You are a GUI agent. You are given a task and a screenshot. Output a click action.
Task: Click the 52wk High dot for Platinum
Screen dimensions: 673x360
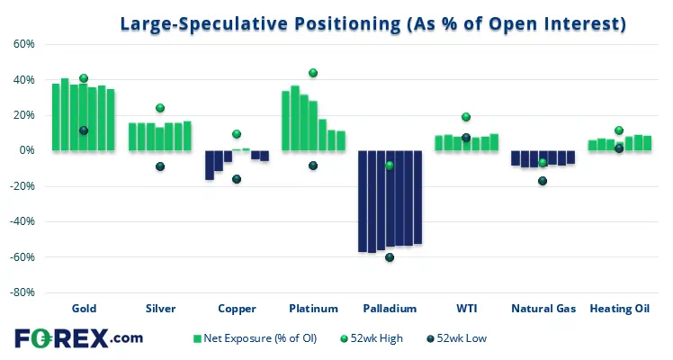click(x=313, y=73)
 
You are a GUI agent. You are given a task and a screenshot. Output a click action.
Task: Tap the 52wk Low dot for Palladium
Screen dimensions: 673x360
click(x=390, y=257)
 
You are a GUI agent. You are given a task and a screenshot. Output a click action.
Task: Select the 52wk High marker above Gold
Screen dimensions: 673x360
click(x=84, y=78)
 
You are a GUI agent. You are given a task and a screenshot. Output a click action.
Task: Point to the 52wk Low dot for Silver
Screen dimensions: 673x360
click(x=160, y=166)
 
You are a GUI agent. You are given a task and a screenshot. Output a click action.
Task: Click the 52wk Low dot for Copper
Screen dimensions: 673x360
click(x=237, y=179)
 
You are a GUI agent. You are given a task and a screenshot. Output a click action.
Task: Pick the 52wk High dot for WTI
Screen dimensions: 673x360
click(x=466, y=117)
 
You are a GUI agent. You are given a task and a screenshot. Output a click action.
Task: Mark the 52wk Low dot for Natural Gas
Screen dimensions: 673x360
click(x=543, y=181)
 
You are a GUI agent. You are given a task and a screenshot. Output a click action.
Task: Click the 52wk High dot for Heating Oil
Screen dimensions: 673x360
click(x=619, y=130)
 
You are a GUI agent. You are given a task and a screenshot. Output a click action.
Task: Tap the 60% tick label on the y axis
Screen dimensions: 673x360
click(x=24, y=44)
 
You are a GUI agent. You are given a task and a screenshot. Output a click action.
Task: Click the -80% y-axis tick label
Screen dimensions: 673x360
click(x=22, y=292)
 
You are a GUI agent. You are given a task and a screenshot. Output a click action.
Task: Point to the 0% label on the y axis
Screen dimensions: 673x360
click(x=27, y=150)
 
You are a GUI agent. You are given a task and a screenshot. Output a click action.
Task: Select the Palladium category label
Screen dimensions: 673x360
click(x=390, y=309)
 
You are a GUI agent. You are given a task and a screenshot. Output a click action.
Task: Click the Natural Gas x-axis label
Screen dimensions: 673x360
click(x=543, y=309)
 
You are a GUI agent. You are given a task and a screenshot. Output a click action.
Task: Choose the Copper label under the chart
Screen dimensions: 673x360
click(x=237, y=309)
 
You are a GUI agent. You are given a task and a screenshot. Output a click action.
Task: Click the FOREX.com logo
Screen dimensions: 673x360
click(x=78, y=338)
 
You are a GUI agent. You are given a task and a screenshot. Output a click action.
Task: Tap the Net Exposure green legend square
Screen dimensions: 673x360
click(x=197, y=339)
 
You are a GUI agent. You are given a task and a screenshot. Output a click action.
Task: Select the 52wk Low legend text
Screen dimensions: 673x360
click(x=462, y=338)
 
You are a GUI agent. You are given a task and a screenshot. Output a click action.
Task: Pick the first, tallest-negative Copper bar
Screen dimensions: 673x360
click(x=210, y=166)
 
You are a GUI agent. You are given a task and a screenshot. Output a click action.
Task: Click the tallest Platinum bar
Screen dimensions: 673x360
click(x=295, y=118)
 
